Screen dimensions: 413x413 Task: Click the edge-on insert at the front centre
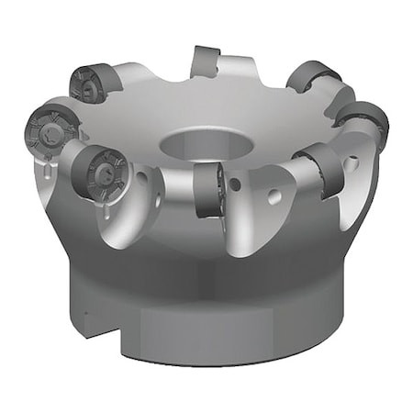(208, 189)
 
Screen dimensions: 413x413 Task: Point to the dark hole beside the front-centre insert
(237, 186)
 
